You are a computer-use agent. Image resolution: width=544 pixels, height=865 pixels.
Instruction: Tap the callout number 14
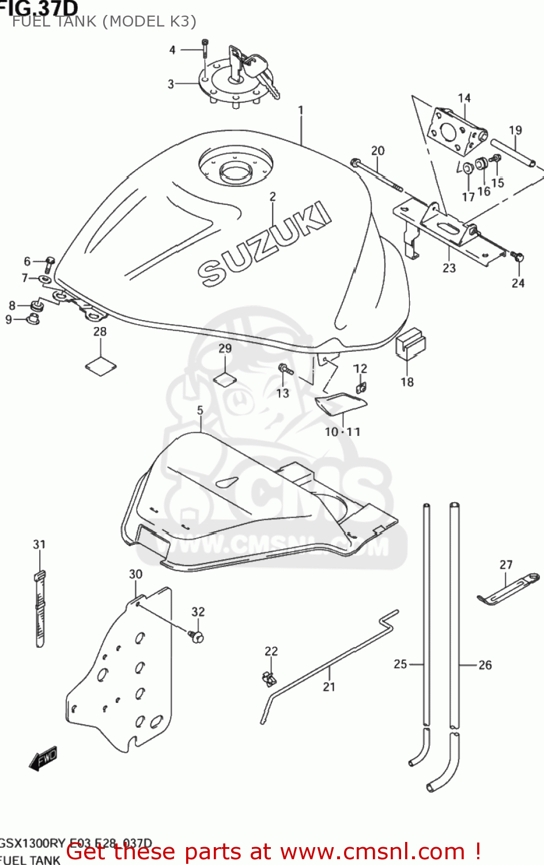pos(464,99)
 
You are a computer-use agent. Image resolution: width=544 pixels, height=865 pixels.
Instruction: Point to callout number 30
pos(135,574)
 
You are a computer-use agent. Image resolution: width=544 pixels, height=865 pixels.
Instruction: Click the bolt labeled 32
pos(197,636)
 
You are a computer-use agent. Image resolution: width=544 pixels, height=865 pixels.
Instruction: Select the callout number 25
pos(401,664)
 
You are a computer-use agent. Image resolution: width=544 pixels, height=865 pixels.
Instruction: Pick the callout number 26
pos(485,665)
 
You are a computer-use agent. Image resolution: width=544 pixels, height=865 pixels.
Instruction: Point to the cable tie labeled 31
pos(39,608)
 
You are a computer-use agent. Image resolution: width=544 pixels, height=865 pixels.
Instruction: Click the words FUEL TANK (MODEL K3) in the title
pos(104,22)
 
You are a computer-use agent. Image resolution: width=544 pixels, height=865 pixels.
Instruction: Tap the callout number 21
pos(329,687)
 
